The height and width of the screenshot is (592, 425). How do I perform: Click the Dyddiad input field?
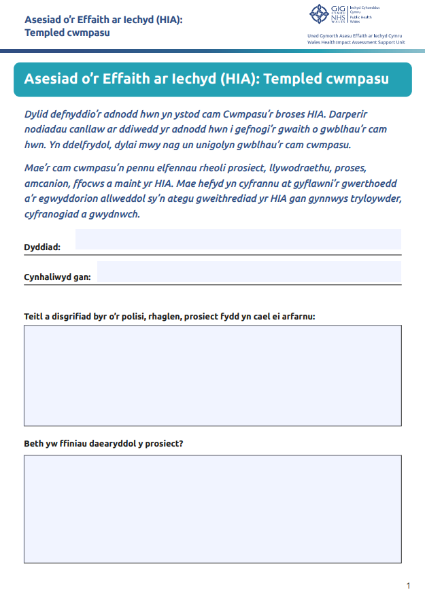pyautogui.click(x=238, y=239)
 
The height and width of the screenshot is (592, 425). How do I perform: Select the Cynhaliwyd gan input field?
pyautogui.click(x=249, y=271)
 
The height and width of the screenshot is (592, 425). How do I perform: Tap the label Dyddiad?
pyautogui.click(x=42, y=247)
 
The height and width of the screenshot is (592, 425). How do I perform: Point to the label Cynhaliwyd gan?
pyautogui.click(x=58, y=277)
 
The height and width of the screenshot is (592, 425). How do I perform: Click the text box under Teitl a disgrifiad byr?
pyautogui.click(x=212, y=375)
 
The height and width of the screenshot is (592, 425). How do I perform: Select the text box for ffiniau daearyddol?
pyautogui.click(x=212, y=505)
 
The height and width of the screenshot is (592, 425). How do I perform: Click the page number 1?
pyautogui.click(x=408, y=585)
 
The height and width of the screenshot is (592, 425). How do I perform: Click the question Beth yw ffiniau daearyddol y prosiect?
pyautogui.click(x=103, y=444)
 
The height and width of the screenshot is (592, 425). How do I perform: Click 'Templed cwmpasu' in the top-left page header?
pyautogui.click(x=67, y=32)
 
